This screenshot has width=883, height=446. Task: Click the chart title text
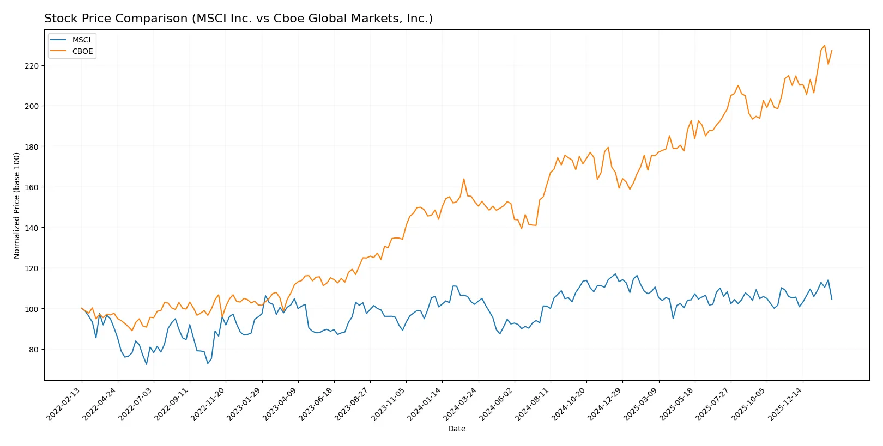click(x=238, y=19)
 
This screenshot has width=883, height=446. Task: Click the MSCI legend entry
click(x=81, y=40)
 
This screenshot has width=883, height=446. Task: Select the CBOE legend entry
click(x=82, y=51)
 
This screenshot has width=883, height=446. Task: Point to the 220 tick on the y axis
click(x=32, y=66)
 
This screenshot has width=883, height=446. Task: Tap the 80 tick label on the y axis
click(x=33, y=350)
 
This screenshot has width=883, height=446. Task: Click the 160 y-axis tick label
click(x=32, y=187)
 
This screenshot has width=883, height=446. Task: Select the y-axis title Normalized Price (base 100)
click(x=16, y=205)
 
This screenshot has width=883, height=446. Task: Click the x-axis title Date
click(x=456, y=429)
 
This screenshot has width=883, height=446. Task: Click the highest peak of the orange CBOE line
click(x=824, y=45)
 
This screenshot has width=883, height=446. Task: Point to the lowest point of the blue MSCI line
click(x=146, y=364)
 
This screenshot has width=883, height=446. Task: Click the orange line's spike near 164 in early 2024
click(x=464, y=179)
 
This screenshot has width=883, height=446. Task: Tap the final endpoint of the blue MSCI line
click(x=832, y=300)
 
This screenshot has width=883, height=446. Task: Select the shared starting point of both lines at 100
click(x=82, y=308)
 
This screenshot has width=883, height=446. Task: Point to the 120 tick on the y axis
click(x=32, y=268)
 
